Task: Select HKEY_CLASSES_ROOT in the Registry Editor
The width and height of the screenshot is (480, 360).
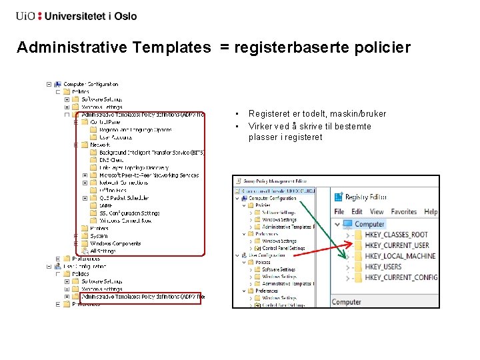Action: (x=396, y=235)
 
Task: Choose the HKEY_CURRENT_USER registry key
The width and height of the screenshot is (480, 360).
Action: (x=397, y=245)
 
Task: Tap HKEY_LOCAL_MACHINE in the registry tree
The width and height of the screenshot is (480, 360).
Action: (x=400, y=256)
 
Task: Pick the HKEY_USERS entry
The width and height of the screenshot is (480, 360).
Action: (x=383, y=267)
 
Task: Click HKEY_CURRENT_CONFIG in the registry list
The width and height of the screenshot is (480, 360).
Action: (x=401, y=277)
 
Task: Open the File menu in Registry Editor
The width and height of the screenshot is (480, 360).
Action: (x=339, y=212)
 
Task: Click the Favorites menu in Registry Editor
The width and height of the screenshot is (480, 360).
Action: (x=403, y=212)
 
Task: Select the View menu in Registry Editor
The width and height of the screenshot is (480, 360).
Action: (x=377, y=212)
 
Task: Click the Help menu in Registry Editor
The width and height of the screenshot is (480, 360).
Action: (x=431, y=212)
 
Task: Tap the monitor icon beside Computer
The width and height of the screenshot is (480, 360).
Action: (x=347, y=224)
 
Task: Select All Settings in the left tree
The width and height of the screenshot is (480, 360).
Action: (x=103, y=251)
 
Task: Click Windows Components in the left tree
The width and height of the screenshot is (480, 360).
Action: (x=115, y=243)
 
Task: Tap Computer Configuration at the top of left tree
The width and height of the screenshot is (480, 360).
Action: (x=91, y=85)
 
